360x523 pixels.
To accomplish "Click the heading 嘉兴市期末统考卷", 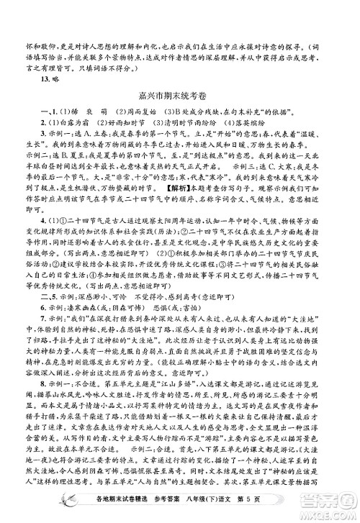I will point(181,94).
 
